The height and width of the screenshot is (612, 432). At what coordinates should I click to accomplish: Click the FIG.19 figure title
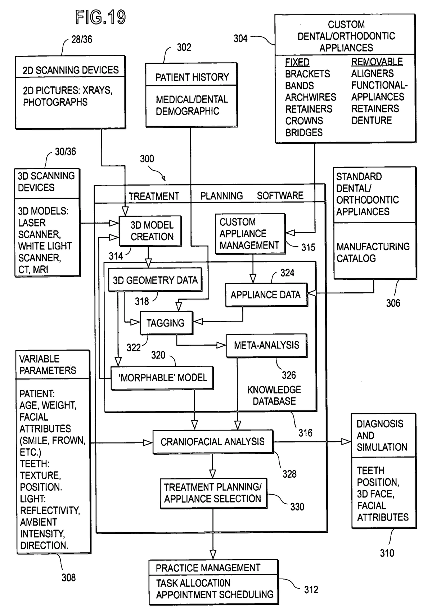click(100, 17)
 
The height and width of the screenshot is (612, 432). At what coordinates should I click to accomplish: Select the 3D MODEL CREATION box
click(150, 231)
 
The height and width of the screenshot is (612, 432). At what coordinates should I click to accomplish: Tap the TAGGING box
click(166, 323)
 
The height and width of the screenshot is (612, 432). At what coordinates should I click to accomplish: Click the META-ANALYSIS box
click(266, 345)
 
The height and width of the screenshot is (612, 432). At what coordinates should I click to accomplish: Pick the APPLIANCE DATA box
click(266, 295)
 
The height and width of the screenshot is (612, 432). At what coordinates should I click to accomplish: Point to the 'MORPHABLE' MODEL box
click(162, 378)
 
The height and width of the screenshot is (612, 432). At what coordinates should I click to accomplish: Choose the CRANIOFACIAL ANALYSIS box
click(212, 441)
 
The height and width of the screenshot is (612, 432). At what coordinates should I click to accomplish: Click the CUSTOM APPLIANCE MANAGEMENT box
click(250, 234)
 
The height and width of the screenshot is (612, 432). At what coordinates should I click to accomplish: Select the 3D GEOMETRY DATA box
click(155, 280)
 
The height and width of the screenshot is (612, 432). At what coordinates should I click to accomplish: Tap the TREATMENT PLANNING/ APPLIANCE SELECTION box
click(213, 493)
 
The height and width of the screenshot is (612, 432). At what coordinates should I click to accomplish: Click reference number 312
click(311, 590)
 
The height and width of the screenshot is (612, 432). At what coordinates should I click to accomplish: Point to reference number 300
click(147, 159)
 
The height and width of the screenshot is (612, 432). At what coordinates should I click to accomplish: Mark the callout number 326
click(289, 375)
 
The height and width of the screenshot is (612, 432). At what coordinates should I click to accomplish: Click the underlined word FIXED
click(297, 62)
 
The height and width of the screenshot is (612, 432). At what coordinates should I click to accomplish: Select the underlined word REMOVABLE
click(377, 62)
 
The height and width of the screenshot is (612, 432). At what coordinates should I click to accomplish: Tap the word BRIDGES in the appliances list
click(304, 133)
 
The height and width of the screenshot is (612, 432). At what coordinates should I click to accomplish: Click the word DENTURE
click(372, 121)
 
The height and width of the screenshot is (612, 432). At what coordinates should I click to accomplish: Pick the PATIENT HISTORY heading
click(192, 77)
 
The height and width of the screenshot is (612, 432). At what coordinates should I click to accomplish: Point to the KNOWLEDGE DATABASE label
click(274, 395)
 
